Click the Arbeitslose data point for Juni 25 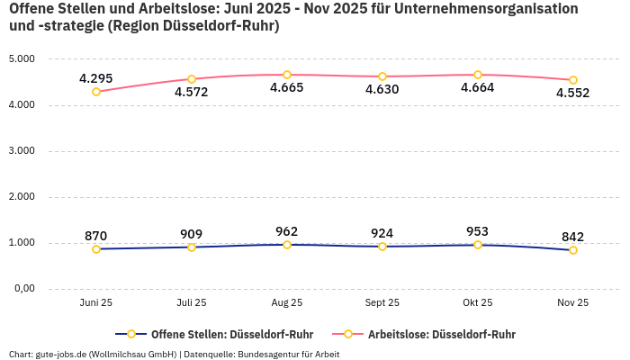click(96, 92)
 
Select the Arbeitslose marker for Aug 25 click(287, 75)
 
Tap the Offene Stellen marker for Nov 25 click(573, 250)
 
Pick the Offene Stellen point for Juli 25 click(192, 247)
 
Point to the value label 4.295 click(96, 78)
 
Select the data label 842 click(573, 237)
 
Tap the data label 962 click(287, 231)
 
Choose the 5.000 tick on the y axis click(21, 59)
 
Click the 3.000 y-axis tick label click(21, 151)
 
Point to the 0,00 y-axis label click(22, 289)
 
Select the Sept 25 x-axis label click(382, 303)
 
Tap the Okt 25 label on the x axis click(478, 303)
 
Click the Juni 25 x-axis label click(96, 303)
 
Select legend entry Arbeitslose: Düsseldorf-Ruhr click(441, 334)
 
